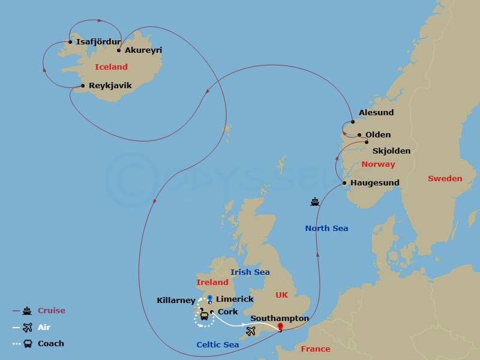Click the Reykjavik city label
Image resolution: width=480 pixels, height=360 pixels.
click(x=110, y=86)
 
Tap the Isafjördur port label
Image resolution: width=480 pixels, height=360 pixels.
click(x=98, y=42)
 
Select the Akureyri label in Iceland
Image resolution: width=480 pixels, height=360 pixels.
click(x=143, y=50)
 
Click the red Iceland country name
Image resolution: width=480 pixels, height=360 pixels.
click(x=111, y=67)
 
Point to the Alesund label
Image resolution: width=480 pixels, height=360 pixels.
click(x=376, y=113)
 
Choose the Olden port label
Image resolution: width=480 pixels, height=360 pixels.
click(x=378, y=135)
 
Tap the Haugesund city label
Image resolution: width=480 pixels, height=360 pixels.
click(x=376, y=183)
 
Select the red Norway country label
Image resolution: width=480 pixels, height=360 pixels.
click(x=378, y=164)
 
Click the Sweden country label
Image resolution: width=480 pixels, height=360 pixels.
click(x=445, y=179)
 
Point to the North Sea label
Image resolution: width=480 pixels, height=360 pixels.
click(x=326, y=228)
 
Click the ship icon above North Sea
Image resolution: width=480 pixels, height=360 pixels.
click(x=315, y=202)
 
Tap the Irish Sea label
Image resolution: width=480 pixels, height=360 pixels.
click(x=250, y=272)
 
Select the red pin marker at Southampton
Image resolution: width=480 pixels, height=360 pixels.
click(x=280, y=327)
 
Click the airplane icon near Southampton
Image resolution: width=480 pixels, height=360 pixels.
click(x=251, y=331)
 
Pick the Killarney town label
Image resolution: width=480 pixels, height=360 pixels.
click(x=176, y=300)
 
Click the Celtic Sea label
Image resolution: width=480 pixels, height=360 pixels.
click(x=217, y=344)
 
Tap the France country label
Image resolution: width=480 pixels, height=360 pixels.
click(x=316, y=349)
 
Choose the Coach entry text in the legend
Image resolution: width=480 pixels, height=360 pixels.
click(x=50, y=344)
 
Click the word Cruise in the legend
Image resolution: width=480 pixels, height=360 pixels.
click(x=52, y=311)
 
